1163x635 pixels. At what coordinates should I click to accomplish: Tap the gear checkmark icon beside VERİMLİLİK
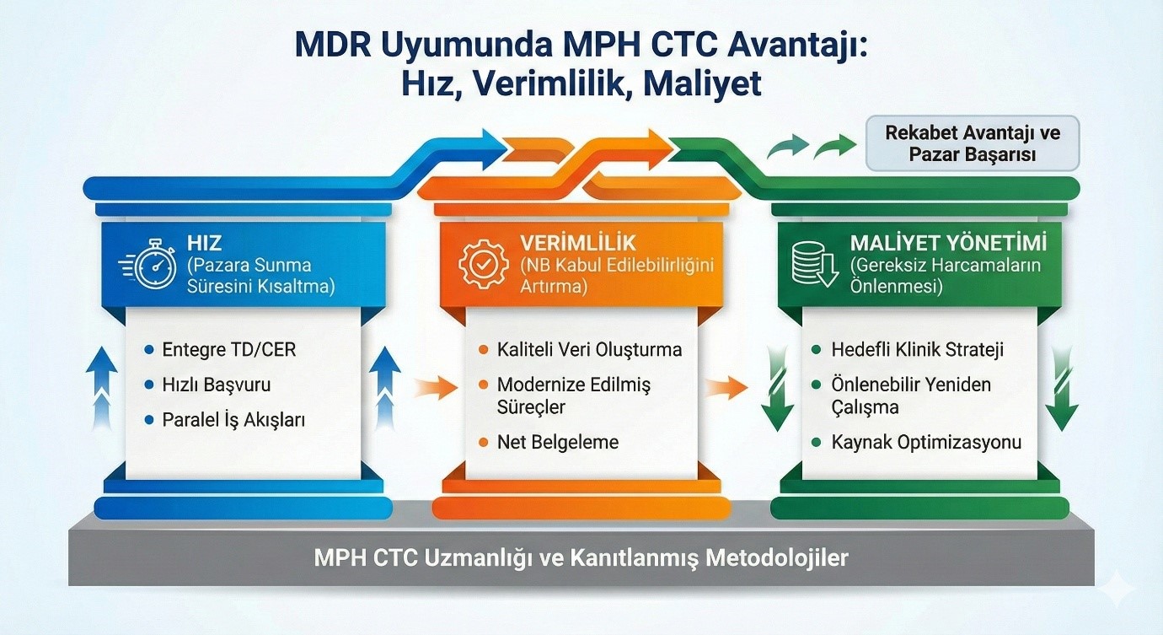tap(484, 264)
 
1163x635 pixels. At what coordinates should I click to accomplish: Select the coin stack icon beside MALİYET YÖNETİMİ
tap(815, 264)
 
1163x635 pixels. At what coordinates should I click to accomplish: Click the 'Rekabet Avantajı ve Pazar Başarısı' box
tap(973, 143)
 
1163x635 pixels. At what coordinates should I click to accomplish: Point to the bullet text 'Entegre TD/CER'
tap(229, 350)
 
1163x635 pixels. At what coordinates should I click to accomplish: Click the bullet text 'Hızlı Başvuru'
tap(217, 385)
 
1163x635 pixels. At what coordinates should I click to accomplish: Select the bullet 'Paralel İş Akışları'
tap(233, 420)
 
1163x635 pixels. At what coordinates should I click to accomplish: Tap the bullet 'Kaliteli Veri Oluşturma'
tap(589, 350)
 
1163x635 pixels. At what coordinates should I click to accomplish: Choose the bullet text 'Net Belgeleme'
tap(558, 442)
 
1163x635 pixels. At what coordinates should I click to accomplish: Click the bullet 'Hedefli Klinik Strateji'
tap(918, 350)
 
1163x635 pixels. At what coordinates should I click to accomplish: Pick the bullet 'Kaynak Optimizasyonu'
tap(926, 442)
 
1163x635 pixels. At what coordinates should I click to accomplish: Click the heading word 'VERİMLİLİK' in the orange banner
tap(578, 243)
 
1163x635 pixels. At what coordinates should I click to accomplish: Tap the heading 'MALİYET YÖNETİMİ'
tap(949, 243)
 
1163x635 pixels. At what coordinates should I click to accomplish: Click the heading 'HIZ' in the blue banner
tap(205, 243)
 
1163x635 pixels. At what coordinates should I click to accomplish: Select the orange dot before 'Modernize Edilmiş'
tap(484, 385)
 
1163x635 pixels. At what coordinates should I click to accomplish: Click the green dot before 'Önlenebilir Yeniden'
tap(817, 385)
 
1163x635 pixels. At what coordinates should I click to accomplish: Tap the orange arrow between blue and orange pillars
tap(437, 388)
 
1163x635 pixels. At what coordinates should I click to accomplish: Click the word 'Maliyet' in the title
tap(703, 83)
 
